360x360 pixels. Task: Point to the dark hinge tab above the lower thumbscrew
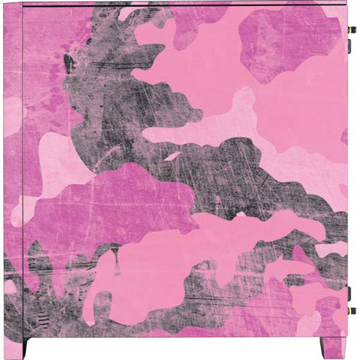click(350, 299)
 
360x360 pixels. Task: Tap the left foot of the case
click(26, 348)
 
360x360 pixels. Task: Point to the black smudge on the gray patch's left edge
click(69, 62)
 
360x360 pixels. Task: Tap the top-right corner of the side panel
click(346, 4)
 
